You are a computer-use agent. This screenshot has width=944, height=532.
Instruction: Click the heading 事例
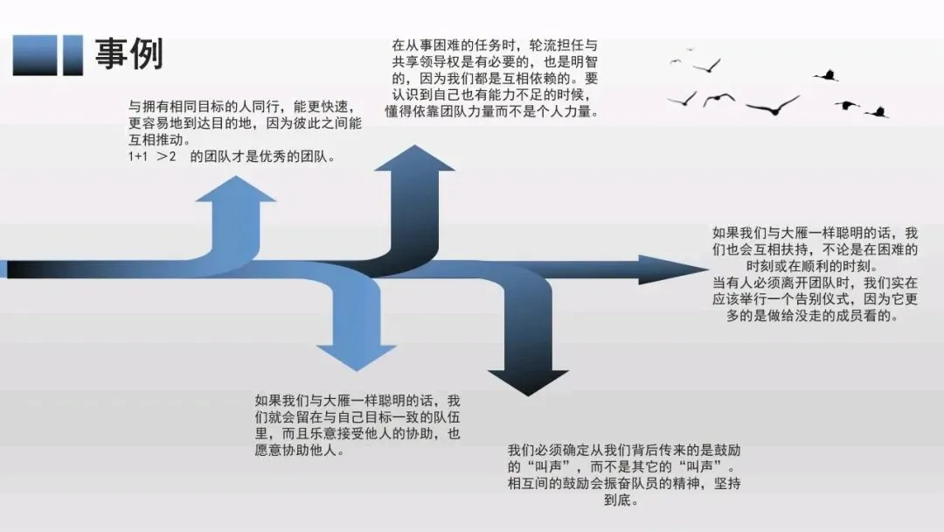point(128,54)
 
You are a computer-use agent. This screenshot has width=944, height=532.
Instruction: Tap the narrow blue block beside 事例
point(73,55)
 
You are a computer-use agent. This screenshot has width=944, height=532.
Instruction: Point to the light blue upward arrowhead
point(235,191)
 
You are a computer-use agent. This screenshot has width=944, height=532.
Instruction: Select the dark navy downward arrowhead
point(528,379)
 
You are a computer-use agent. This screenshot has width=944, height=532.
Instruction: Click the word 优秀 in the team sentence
point(274,157)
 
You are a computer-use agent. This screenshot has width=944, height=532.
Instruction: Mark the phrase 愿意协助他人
point(297,451)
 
